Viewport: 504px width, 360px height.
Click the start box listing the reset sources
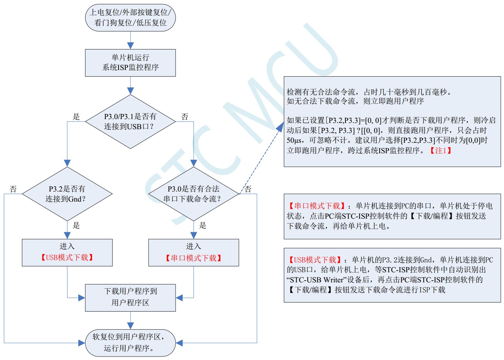(130, 18)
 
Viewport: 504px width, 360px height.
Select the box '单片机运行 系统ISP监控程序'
(130, 63)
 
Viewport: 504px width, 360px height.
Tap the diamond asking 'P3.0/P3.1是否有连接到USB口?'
(130, 122)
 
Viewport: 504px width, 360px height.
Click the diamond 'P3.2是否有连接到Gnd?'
(67, 194)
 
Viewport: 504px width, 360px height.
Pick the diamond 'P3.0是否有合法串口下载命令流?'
(193, 194)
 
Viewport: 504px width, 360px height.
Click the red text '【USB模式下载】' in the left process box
(67, 258)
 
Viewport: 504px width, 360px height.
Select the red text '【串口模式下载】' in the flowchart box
(193, 258)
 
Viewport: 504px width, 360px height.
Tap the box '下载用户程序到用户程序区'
(130, 297)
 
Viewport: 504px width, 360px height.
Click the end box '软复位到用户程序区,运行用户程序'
(130, 343)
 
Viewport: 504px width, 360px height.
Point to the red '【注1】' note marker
(441, 150)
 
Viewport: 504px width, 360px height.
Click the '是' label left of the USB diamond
(76, 117)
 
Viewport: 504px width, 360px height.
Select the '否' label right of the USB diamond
(185, 117)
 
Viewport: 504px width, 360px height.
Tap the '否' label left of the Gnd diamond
(13, 189)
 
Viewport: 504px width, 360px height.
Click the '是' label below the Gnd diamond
(76, 225)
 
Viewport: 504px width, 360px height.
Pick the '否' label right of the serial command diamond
(248, 189)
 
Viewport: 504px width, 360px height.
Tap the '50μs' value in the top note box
(294, 140)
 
